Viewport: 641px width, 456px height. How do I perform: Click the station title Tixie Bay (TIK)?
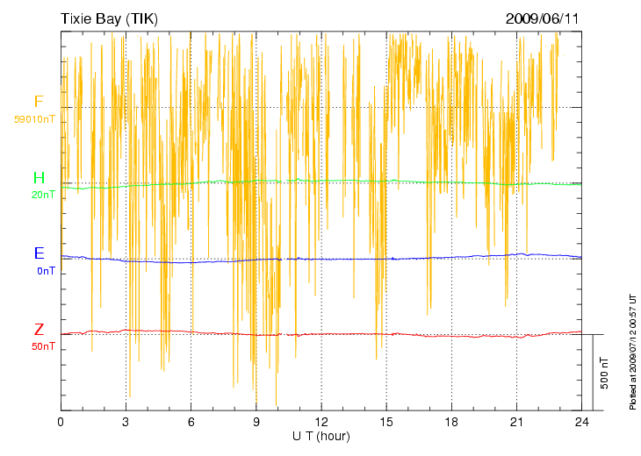coord(109,18)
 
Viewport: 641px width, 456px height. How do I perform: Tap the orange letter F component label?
coord(38,102)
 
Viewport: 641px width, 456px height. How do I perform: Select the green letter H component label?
coord(39,179)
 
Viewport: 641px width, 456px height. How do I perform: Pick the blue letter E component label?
coord(39,254)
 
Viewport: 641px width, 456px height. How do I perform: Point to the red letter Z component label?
coord(39,331)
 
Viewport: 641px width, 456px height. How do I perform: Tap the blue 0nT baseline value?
coord(46,271)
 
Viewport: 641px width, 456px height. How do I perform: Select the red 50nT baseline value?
coord(43,346)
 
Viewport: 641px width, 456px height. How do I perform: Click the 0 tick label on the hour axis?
coord(61,422)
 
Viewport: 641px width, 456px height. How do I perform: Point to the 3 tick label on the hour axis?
coord(126,422)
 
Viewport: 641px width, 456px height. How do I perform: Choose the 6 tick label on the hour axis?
coord(191,422)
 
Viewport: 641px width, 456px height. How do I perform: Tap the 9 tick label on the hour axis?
coord(256,422)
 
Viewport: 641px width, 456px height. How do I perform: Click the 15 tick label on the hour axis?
coord(386,422)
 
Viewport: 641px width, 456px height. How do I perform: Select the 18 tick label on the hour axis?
coord(451,422)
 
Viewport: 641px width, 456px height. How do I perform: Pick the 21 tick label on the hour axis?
coord(517,422)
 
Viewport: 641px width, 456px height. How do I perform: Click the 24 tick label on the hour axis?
coord(582,422)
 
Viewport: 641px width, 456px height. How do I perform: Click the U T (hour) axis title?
coord(321,436)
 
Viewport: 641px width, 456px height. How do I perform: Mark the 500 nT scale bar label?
coord(604,373)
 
